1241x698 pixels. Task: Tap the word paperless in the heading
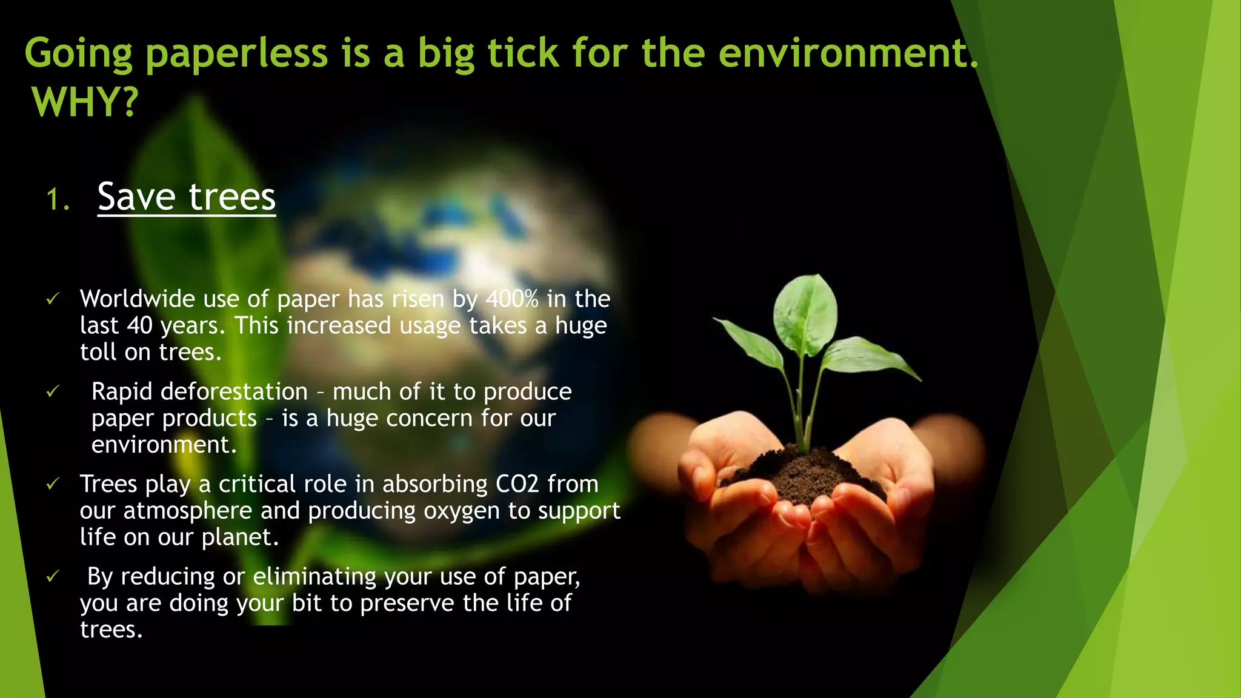(x=236, y=53)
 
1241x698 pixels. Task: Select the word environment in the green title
(x=843, y=53)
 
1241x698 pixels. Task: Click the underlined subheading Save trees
(x=186, y=197)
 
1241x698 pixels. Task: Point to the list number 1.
(x=58, y=200)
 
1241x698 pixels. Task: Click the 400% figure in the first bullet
(x=512, y=299)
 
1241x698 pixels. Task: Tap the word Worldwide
(x=138, y=299)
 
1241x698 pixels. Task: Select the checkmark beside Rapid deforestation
(x=53, y=392)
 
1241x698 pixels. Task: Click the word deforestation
(x=234, y=392)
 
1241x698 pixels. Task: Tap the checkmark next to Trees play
(x=53, y=484)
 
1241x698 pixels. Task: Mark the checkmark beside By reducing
(x=53, y=576)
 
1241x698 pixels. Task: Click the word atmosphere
(x=187, y=511)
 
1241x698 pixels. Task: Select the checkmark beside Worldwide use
(x=53, y=299)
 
